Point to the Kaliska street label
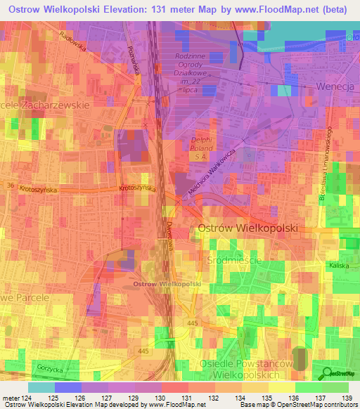tap(338, 266)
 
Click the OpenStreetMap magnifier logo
tap(326, 373)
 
